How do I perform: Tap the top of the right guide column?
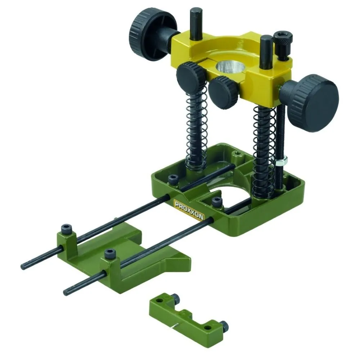tap(266, 39)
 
